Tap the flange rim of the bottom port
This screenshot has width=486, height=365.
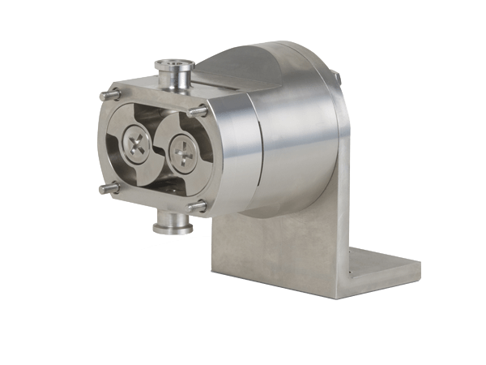click(x=173, y=229)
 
